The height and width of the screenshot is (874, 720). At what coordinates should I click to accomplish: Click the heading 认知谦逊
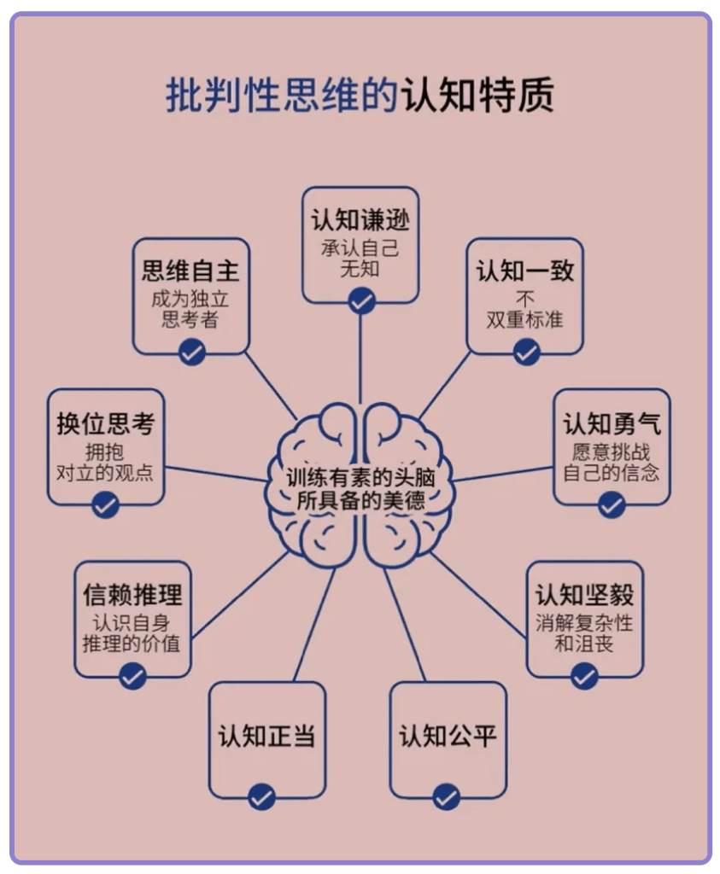[360, 220]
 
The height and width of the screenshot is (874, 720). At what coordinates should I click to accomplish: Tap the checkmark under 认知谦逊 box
[361, 300]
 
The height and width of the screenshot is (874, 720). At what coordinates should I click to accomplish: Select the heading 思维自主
[190, 271]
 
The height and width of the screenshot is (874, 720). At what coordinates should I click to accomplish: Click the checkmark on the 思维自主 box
[191, 352]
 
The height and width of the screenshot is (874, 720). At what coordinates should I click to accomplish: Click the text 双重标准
[525, 320]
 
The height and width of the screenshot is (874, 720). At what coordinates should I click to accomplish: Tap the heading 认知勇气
[612, 423]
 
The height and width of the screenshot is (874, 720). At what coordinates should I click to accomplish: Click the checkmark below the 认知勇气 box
[612, 504]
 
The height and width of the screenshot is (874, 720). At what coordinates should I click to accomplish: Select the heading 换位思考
[105, 423]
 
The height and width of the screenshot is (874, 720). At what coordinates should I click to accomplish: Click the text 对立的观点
[105, 472]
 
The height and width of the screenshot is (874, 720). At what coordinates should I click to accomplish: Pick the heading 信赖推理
[132, 594]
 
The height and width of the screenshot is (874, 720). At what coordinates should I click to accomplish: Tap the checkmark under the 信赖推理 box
[132, 676]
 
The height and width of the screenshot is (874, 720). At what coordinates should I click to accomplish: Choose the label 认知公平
[448, 736]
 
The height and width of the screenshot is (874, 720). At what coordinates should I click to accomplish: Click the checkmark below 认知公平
[447, 797]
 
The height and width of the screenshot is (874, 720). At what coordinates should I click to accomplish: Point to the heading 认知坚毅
[584, 594]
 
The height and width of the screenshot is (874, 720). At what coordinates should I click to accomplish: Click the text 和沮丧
[584, 643]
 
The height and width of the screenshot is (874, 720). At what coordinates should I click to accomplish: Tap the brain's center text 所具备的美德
[360, 501]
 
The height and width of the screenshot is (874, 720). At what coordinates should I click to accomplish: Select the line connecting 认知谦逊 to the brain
[360, 358]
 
